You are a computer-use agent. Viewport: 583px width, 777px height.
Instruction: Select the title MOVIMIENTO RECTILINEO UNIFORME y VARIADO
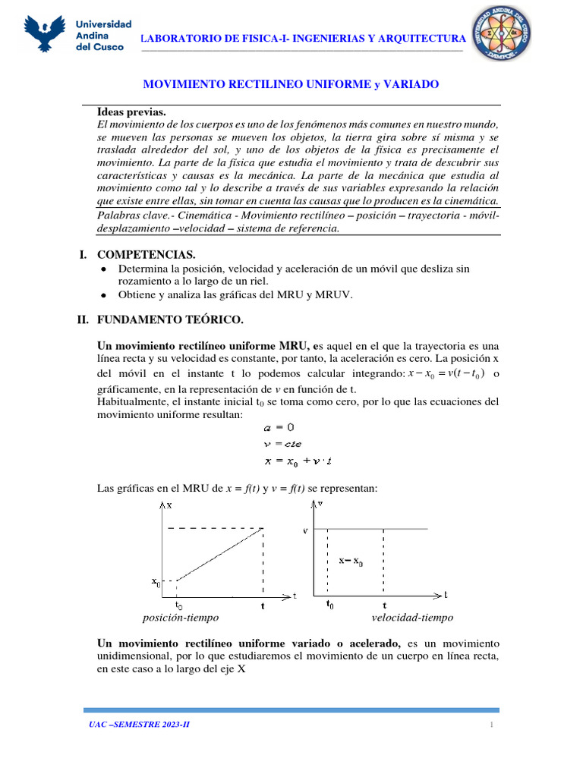pos(291,84)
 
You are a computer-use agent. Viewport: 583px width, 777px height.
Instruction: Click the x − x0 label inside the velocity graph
pos(351,562)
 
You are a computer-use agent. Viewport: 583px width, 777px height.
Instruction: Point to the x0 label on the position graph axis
pos(156,582)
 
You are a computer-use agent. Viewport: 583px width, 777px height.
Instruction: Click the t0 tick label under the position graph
pos(179,606)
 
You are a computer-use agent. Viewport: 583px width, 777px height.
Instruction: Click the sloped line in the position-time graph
pos(220,555)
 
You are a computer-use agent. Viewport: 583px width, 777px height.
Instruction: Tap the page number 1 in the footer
pos(492,725)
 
